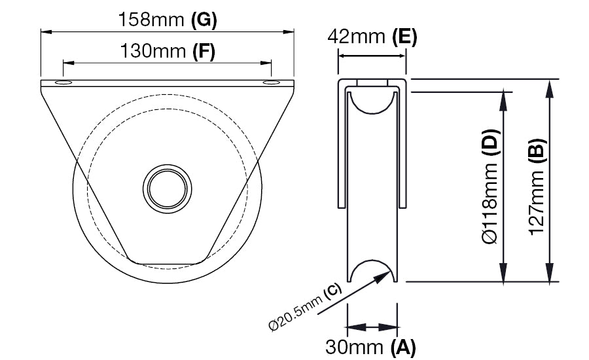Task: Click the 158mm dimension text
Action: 151,20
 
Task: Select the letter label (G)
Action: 204,20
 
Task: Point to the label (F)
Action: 204,50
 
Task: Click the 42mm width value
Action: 358,37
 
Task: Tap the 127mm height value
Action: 537,200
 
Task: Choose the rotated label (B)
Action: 537,149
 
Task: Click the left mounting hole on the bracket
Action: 65,84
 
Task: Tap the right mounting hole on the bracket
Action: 270,84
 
